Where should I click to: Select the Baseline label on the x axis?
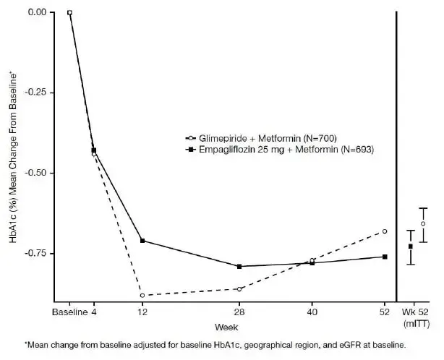click(69, 312)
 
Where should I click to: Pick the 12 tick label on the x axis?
click(142, 312)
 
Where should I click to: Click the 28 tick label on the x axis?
click(239, 312)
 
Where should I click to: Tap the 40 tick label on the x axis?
click(312, 312)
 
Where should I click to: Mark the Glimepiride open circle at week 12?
click(142, 295)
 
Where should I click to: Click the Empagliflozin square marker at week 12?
click(142, 240)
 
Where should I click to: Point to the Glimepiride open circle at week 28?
click(239, 288)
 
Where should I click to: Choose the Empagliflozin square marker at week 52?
click(385, 257)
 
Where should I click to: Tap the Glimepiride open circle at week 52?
click(385, 231)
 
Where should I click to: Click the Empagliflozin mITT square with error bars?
click(411, 247)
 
